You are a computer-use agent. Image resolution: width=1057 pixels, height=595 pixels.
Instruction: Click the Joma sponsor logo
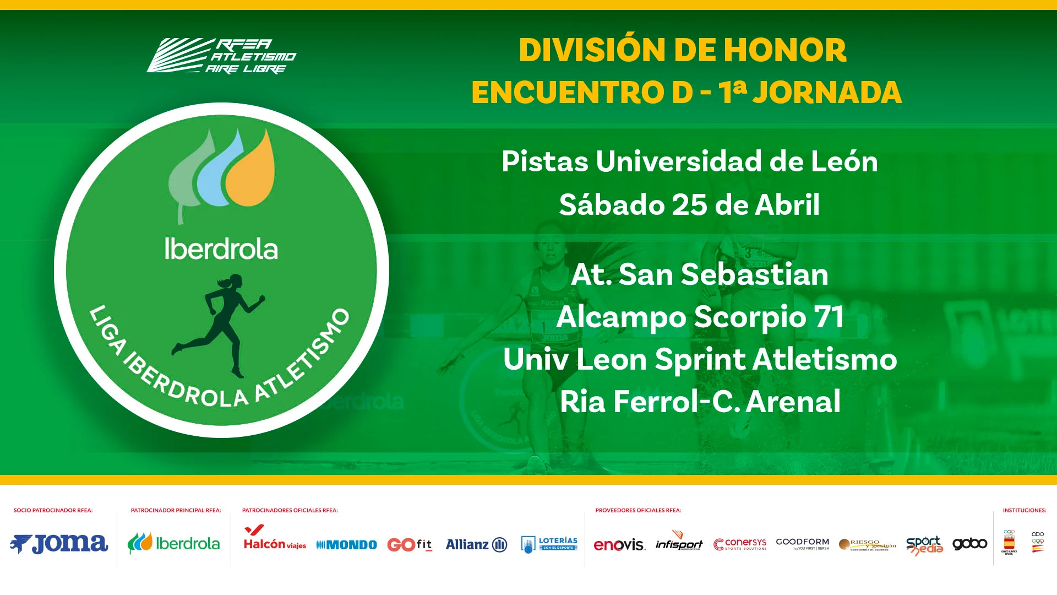tap(59, 544)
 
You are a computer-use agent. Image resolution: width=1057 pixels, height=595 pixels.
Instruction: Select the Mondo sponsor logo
tap(347, 545)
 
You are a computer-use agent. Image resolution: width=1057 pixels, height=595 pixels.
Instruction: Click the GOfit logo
tap(410, 544)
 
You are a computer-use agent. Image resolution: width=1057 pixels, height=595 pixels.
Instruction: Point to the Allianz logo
tap(476, 544)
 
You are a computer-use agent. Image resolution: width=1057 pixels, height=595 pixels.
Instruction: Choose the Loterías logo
tap(549, 544)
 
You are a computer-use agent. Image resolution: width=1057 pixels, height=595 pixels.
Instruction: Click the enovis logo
tap(619, 545)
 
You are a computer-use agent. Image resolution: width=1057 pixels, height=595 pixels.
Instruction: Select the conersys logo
tap(740, 544)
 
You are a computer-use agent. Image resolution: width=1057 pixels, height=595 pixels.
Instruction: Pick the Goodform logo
tap(802, 543)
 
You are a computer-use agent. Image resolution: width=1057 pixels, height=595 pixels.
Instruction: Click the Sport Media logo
tap(924, 545)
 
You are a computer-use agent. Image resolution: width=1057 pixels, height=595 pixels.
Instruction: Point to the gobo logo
tap(969, 544)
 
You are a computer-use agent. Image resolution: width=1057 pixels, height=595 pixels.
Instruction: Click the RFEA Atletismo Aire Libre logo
tap(221, 56)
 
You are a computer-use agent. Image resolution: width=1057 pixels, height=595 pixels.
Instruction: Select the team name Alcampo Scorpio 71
tap(700, 317)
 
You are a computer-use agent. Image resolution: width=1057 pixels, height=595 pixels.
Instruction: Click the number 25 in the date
tap(689, 205)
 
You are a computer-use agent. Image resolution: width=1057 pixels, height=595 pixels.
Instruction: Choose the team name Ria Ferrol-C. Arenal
tap(700, 401)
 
